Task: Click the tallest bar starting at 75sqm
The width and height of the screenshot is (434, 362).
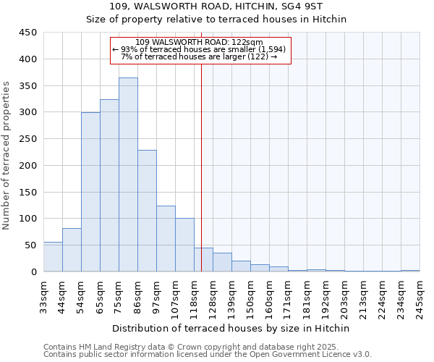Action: [128, 174]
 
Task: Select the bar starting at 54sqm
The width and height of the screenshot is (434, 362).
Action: [90, 192]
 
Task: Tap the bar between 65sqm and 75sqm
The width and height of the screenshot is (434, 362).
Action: [109, 185]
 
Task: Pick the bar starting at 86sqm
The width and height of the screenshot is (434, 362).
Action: [147, 211]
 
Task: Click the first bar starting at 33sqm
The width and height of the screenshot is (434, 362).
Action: [53, 257]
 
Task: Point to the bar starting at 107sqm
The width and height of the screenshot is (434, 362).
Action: [184, 245]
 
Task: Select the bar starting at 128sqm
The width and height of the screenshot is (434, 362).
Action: [222, 262]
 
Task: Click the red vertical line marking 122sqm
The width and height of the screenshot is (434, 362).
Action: [201, 167]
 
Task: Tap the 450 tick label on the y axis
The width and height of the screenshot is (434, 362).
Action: [27, 33]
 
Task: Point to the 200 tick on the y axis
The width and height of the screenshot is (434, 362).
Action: [27, 166]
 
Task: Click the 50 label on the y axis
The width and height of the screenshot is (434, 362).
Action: [30, 245]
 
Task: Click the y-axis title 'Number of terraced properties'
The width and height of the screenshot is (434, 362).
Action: [7, 156]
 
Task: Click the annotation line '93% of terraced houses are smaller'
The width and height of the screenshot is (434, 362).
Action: [200, 49]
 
